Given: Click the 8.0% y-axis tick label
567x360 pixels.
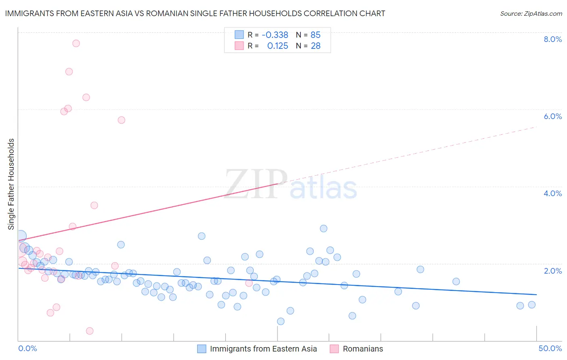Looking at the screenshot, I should click(552, 39).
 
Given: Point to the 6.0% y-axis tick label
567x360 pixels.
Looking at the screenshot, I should click(552, 116).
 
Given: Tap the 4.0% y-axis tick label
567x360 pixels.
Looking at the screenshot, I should click(552, 193).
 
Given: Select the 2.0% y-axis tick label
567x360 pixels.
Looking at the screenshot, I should click(552, 271).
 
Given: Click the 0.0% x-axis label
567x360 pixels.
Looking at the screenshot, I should click(27, 348).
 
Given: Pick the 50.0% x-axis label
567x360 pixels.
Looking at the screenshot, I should click(550, 348).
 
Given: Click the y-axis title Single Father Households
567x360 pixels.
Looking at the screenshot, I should click(11, 184).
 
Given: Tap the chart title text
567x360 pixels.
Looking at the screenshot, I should click(195, 13).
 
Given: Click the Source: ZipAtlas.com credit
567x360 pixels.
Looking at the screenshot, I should click(531, 13).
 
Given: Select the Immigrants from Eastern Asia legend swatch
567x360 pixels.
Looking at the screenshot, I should click(202, 349).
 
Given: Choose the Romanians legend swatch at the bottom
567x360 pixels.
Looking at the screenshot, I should click(334, 349).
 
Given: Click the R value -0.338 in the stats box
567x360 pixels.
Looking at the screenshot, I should click(275, 35).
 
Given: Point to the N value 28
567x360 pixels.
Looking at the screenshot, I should click(315, 46).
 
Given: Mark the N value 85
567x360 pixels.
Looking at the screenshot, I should click(315, 35).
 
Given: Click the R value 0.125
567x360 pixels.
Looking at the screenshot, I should click(277, 46).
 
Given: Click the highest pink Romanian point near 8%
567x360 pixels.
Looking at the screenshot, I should click(76, 43).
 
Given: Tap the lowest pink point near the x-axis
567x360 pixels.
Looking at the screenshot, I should click(90, 331).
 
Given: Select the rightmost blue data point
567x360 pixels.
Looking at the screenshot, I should click(532, 305).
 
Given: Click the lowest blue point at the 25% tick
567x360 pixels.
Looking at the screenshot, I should click(281, 321).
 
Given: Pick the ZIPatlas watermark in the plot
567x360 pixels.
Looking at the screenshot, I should click(291, 184).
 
